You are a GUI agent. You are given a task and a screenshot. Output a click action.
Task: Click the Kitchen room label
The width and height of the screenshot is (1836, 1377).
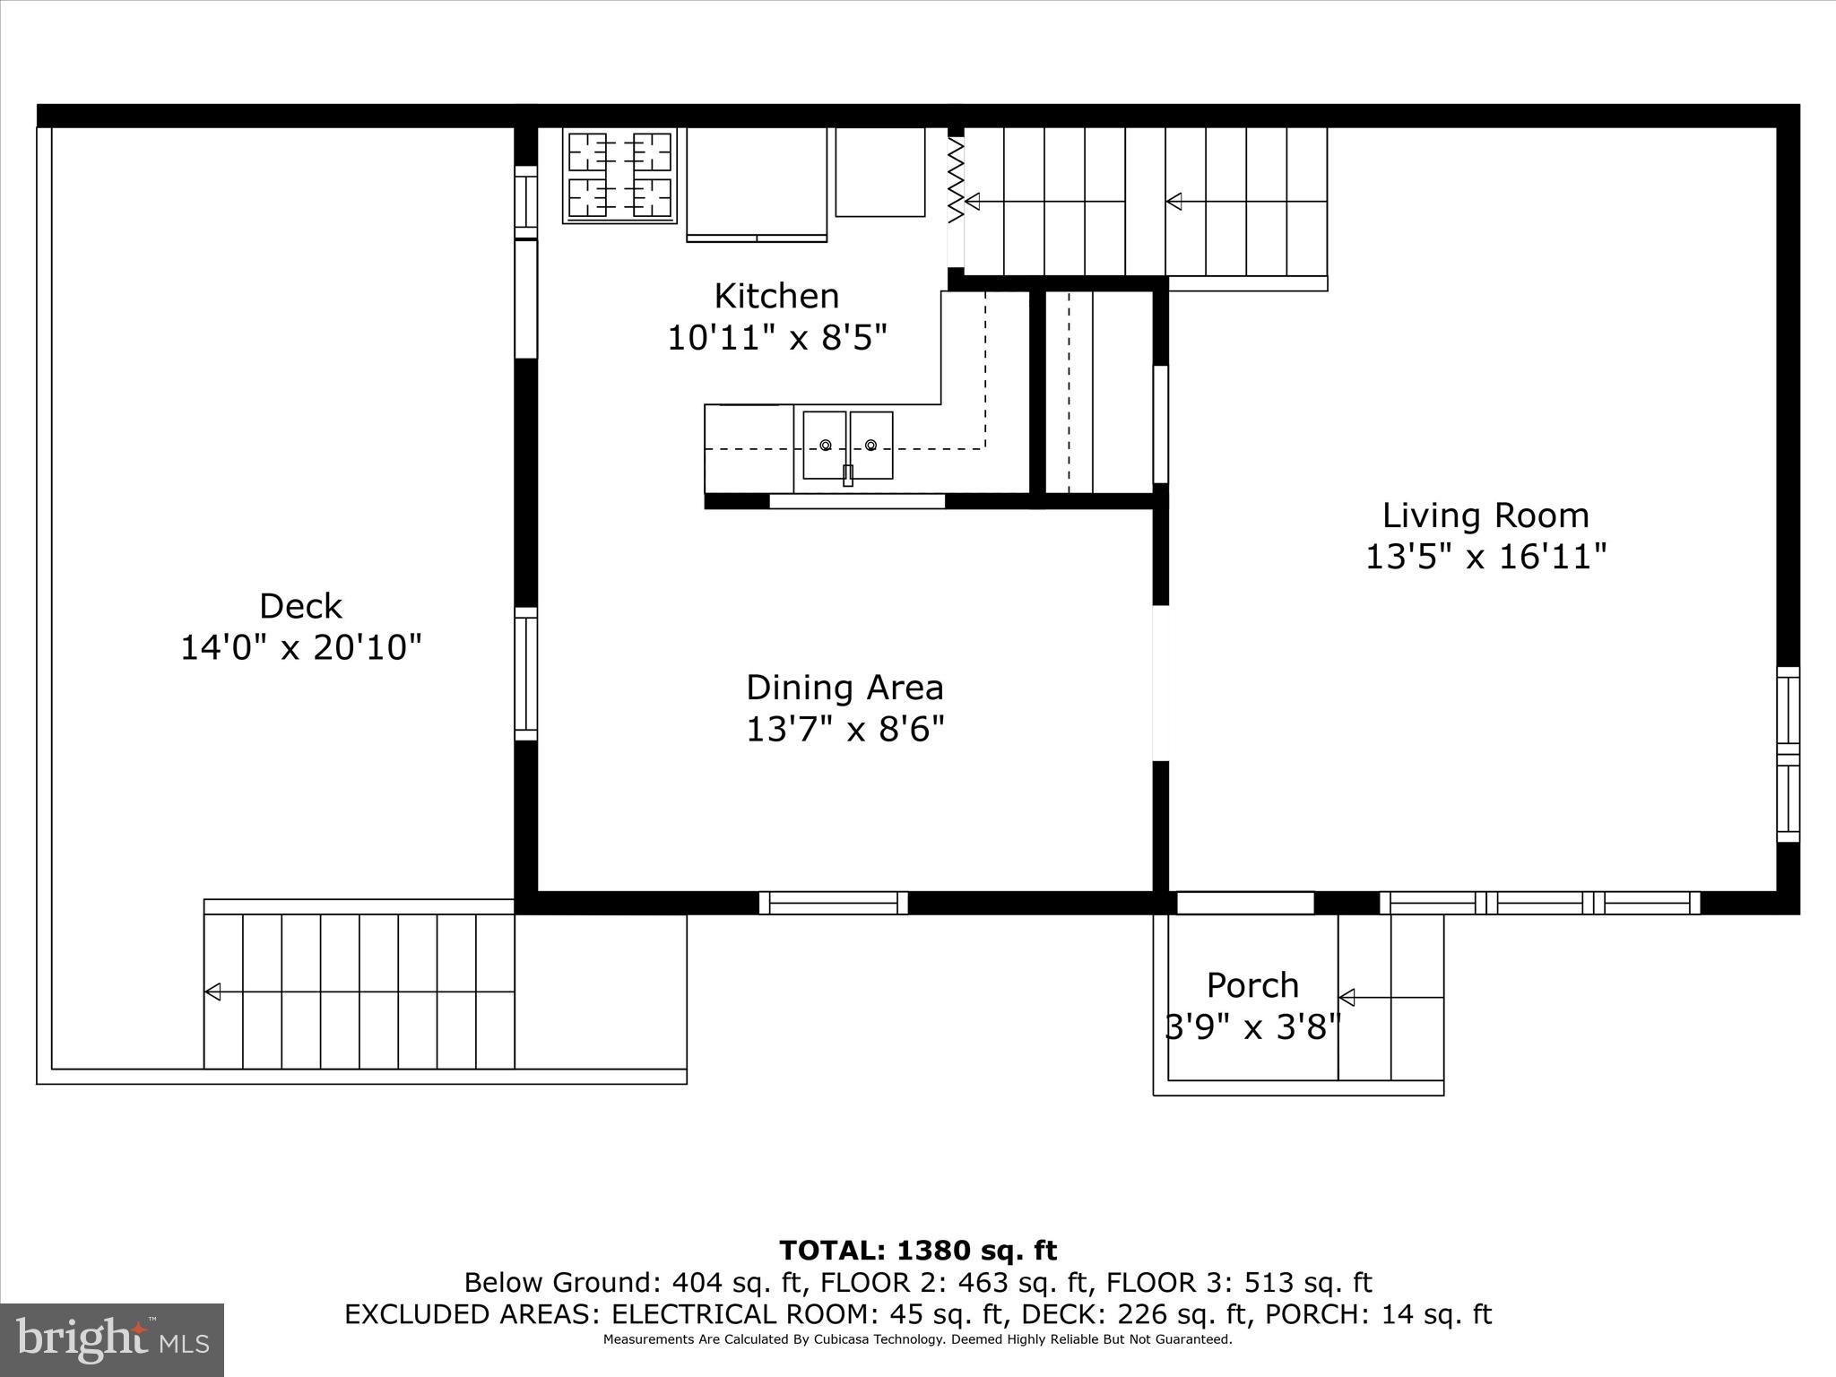tap(776, 296)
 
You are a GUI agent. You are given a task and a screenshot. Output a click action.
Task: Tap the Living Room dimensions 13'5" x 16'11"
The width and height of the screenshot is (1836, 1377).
tap(1485, 557)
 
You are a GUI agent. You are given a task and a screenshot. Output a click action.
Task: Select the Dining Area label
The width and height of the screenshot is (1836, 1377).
tap(844, 688)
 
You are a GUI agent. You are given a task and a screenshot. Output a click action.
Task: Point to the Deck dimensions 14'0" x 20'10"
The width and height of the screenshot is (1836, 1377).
tap(301, 647)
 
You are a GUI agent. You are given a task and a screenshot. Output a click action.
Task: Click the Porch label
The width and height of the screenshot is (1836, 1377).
tap(1252, 985)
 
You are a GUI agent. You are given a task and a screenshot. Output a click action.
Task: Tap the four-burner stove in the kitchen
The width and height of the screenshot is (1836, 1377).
tap(619, 176)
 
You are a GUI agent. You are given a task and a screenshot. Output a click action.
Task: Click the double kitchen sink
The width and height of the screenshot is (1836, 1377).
tap(847, 446)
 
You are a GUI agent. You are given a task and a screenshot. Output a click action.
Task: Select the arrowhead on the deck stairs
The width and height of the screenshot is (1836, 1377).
tap(213, 992)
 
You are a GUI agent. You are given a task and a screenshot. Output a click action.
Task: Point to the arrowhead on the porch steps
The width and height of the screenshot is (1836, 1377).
tap(1347, 998)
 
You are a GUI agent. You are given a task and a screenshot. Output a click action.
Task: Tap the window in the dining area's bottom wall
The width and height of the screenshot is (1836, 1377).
tap(834, 903)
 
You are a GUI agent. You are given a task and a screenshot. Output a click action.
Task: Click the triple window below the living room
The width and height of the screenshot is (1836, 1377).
tap(1539, 903)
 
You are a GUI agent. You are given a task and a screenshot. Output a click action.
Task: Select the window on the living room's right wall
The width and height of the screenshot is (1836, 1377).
tap(1788, 754)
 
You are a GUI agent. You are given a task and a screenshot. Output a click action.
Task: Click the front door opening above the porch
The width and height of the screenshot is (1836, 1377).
tap(1244, 903)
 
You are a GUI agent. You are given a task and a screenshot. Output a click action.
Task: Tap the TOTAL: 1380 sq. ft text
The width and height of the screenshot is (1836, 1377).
tap(918, 1251)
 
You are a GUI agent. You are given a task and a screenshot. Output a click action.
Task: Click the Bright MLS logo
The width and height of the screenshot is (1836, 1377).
tap(112, 1339)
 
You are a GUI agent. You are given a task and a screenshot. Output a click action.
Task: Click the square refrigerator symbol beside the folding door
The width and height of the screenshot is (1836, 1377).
tap(879, 172)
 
